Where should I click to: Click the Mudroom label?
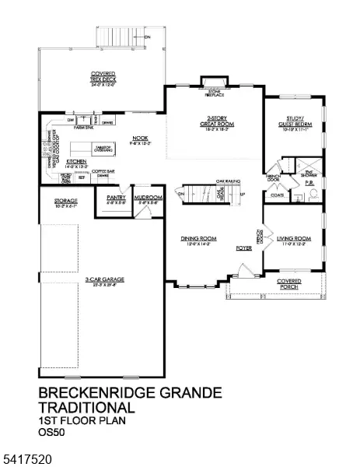coord(148,199)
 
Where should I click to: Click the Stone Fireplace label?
coord(212,93)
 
